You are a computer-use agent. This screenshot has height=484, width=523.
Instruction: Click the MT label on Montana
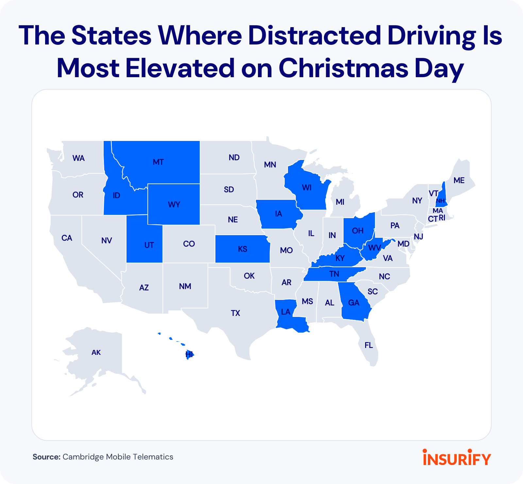coord(158,162)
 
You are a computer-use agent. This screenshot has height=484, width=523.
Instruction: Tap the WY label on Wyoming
coord(174,205)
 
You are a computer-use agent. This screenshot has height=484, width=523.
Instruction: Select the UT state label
coord(149,245)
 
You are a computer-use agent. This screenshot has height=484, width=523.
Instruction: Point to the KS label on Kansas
coord(243,249)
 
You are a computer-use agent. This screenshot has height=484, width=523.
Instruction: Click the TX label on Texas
coord(235,313)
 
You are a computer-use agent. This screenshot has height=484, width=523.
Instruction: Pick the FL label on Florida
coord(369,345)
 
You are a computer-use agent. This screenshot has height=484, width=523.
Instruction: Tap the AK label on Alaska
coord(96,353)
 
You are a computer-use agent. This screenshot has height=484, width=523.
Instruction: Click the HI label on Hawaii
coord(189,354)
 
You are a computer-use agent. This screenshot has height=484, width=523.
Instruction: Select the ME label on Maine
coord(459,181)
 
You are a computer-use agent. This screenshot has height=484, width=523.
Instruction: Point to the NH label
coord(440,201)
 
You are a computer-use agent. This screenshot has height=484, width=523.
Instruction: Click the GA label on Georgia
coord(354,303)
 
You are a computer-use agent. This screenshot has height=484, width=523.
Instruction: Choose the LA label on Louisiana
coord(286,312)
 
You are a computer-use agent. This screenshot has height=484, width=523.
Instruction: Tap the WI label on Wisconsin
coord(307,188)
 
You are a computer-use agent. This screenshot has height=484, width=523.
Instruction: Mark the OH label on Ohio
coord(358,231)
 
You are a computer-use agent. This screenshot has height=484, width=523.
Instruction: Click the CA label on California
coord(67,238)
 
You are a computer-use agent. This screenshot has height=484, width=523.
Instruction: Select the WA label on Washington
coord(78,158)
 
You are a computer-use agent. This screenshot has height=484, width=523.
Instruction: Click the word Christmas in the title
coord(343,68)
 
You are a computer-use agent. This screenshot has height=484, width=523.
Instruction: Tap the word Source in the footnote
coord(46,457)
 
